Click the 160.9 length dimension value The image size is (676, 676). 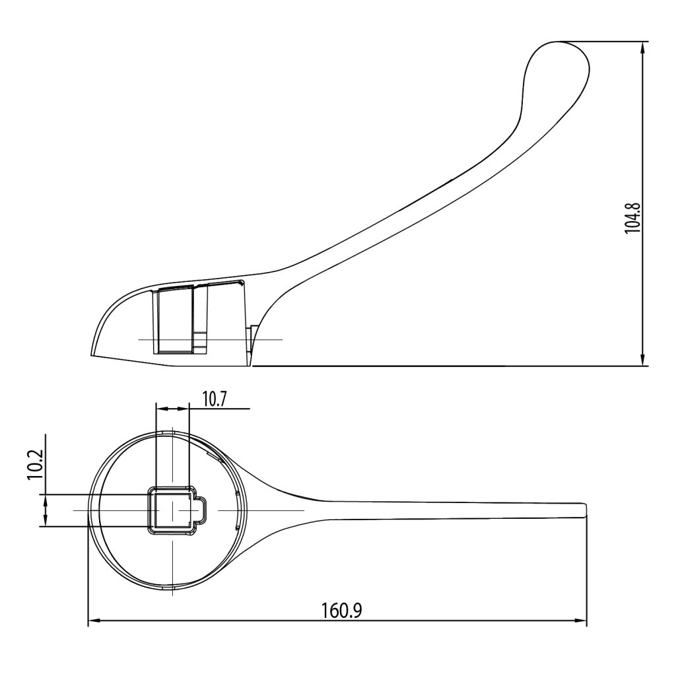point(342,610)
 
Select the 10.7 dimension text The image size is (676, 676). point(215,399)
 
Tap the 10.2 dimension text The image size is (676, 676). point(35,465)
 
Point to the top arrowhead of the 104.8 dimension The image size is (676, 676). point(643,47)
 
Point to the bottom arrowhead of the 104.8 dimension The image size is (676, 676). point(643,360)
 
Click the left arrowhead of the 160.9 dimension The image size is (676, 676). point(94,621)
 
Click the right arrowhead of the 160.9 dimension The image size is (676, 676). point(581,621)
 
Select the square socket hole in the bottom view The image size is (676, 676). point(172,510)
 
